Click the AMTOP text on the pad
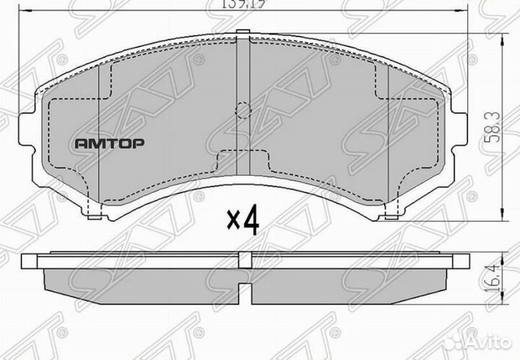110,143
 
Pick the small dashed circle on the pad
243,110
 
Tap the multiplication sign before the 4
233,221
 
